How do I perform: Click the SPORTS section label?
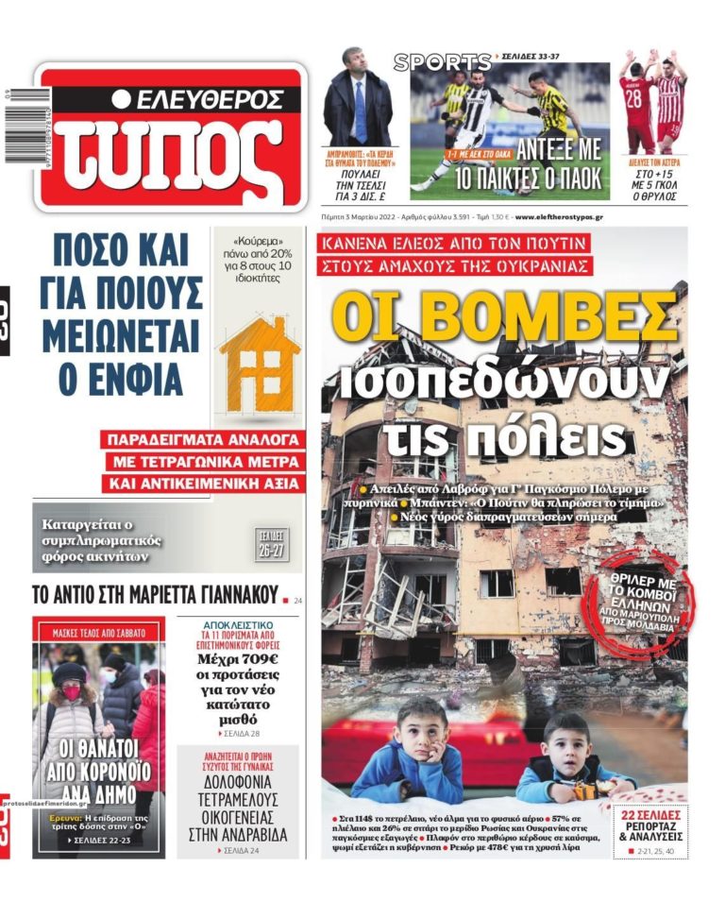tap(442, 62)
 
